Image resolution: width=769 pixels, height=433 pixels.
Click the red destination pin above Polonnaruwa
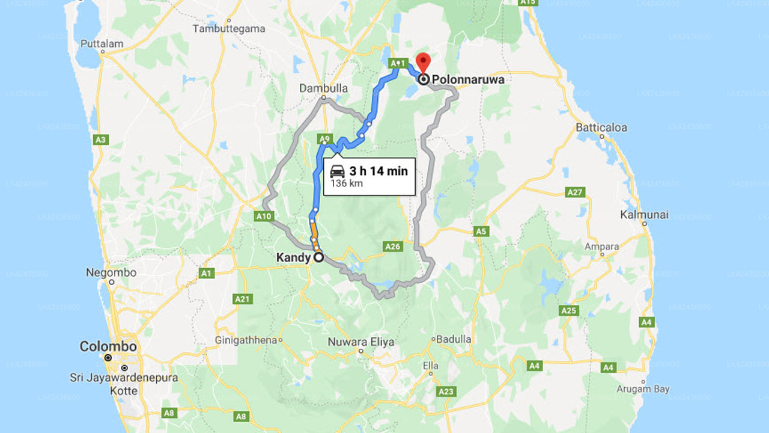[x=424, y=61]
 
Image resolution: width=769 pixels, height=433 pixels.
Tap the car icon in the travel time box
[x=337, y=171]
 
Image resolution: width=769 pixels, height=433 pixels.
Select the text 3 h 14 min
[x=378, y=171]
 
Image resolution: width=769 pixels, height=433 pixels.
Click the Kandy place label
[x=293, y=257]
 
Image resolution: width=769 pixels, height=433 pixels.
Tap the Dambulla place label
[x=324, y=88]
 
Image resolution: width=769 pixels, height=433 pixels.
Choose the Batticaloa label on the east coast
[x=601, y=127]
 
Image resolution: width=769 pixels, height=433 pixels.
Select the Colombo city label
[x=108, y=347]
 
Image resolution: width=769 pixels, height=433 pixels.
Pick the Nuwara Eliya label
[x=361, y=342]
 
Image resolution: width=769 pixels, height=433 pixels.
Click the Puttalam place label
[x=102, y=43]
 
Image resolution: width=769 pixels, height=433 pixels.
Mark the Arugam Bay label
[x=643, y=389]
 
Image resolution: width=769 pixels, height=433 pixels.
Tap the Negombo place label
[x=111, y=272]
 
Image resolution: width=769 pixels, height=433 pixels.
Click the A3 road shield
[x=101, y=140]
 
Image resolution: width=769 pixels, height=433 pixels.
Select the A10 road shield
[x=264, y=216]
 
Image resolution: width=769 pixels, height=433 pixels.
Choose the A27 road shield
[x=576, y=192]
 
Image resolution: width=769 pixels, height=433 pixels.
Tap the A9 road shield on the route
[x=324, y=139]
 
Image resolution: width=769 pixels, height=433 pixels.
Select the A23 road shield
[x=446, y=392]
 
